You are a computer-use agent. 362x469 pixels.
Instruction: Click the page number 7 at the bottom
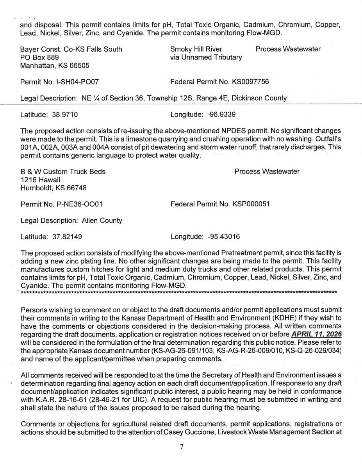(181, 448)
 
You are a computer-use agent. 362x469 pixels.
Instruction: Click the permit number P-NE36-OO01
(80, 204)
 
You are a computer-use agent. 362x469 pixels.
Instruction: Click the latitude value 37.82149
(67, 237)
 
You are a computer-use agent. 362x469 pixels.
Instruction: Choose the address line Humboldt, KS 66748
(53, 188)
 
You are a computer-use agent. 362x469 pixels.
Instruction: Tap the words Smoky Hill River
(196, 49)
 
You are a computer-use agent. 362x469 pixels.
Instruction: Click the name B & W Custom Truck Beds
(63, 171)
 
